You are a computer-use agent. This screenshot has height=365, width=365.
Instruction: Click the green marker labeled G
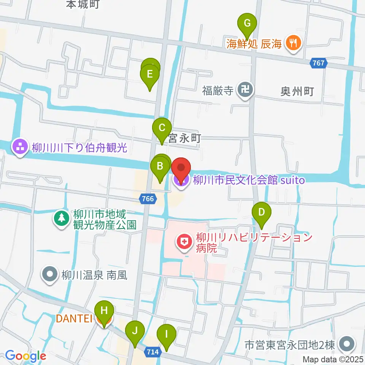[x=247, y=24]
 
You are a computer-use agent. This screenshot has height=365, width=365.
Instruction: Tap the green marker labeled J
[x=135, y=331]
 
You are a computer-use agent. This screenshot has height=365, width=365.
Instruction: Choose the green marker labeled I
[x=166, y=335]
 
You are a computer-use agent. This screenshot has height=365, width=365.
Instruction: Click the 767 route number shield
[x=318, y=63]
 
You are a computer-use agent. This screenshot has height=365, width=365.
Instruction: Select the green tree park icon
[x=61, y=219]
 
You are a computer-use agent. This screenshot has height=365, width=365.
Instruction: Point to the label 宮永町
[x=185, y=139]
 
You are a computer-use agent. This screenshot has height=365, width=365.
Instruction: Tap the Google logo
[x=25, y=356]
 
